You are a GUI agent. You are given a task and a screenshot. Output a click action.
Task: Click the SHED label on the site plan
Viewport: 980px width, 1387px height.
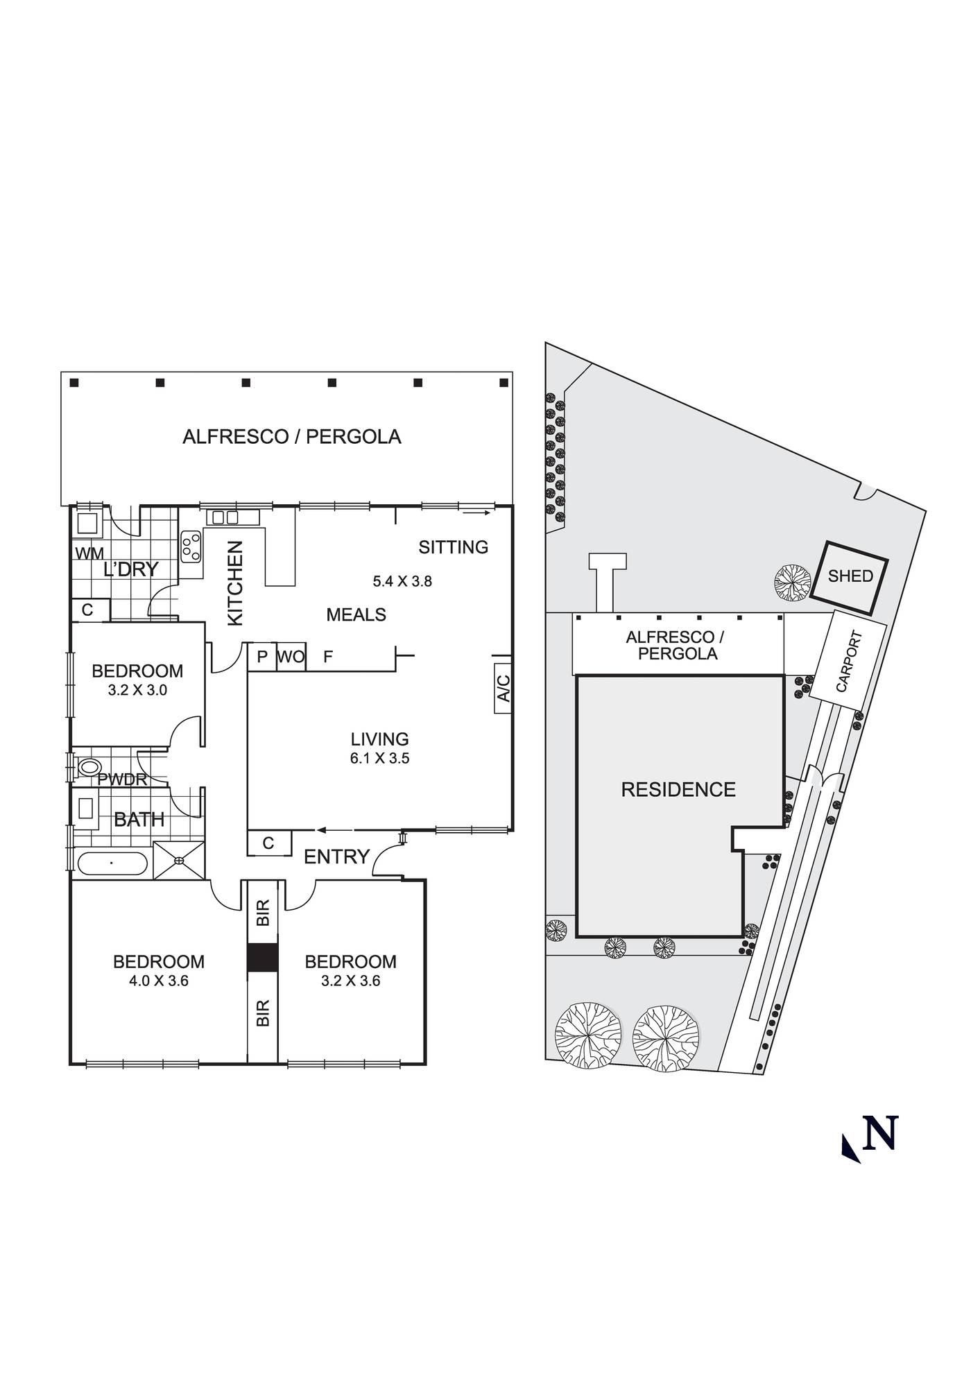pyautogui.click(x=850, y=576)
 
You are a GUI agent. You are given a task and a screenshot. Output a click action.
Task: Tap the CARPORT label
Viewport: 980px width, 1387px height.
pyautogui.click(x=850, y=661)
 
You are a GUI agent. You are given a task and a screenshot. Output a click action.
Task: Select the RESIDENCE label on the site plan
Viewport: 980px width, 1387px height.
pyautogui.click(x=678, y=789)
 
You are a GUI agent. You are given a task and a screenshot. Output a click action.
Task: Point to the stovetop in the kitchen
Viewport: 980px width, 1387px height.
pyautogui.click(x=191, y=546)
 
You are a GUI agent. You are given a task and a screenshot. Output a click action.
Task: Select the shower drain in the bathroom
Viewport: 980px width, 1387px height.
pyautogui.click(x=179, y=860)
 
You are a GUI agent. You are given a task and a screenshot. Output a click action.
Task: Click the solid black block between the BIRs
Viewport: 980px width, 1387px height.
pyautogui.click(x=263, y=957)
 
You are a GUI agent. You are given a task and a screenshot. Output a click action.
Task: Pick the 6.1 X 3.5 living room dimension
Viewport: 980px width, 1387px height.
pyautogui.click(x=379, y=758)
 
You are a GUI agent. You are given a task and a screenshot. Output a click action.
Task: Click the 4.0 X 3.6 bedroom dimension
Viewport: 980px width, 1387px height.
pyautogui.click(x=158, y=981)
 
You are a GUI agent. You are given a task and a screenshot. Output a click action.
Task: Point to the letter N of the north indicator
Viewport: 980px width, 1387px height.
pyautogui.click(x=880, y=1133)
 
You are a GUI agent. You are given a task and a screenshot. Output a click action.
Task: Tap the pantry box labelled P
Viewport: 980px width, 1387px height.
pyautogui.click(x=262, y=656)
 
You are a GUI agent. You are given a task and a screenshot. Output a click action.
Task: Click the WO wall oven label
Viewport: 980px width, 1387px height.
pyautogui.click(x=291, y=656)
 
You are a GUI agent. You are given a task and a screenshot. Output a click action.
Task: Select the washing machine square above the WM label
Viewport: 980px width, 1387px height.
pyautogui.click(x=87, y=523)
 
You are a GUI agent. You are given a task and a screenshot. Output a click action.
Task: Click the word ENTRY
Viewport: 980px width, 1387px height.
pyautogui.click(x=336, y=856)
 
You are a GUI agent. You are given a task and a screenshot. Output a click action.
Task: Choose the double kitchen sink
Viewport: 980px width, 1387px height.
pyautogui.click(x=225, y=517)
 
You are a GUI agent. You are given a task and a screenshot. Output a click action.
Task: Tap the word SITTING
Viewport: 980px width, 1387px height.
pyautogui.click(x=454, y=547)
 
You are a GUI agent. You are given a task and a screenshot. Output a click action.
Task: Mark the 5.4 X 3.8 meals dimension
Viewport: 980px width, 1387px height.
pyautogui.click(x=402, y=581)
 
